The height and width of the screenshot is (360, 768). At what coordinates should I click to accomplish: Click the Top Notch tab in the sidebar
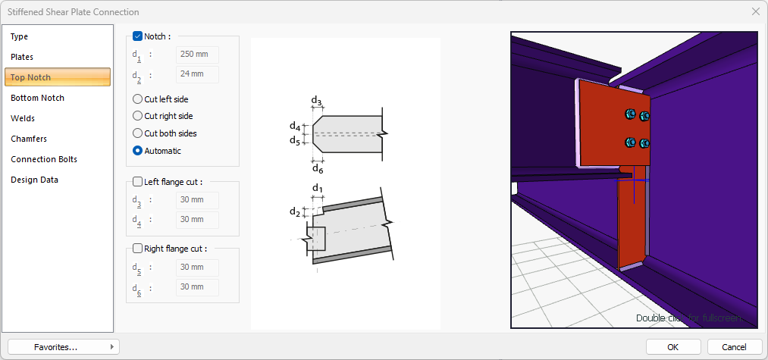click(58, 77)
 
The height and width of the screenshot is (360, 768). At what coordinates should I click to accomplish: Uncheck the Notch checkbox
click(137, 36)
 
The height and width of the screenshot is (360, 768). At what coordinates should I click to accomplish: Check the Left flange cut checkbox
click(137, 181)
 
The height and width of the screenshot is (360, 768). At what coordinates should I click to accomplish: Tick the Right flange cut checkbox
click(137, 248)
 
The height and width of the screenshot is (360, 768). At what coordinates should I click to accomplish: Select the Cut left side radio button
click(137, 99)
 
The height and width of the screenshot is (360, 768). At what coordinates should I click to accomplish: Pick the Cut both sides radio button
click(137, 133)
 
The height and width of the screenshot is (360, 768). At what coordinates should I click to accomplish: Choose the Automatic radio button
click(137, 151)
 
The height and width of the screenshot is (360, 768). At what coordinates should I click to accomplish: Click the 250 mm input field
click(197, 55)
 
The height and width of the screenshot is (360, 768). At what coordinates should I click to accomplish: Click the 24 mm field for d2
click(197, 74)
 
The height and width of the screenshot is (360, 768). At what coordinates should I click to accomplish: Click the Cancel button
click(734, 346)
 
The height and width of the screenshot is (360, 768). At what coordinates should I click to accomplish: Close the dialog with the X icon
click(755, 11)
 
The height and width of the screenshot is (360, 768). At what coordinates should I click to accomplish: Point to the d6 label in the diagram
click(317, 168)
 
